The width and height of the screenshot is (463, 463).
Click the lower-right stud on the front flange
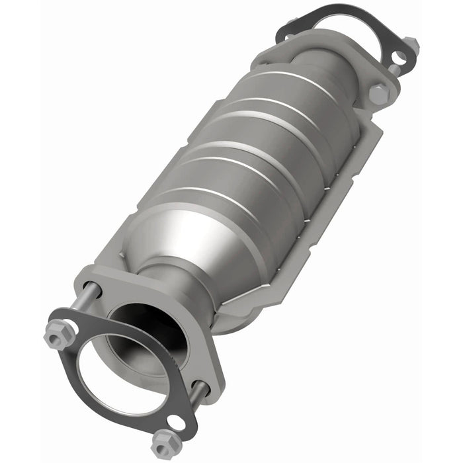[x=198, y=388]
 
